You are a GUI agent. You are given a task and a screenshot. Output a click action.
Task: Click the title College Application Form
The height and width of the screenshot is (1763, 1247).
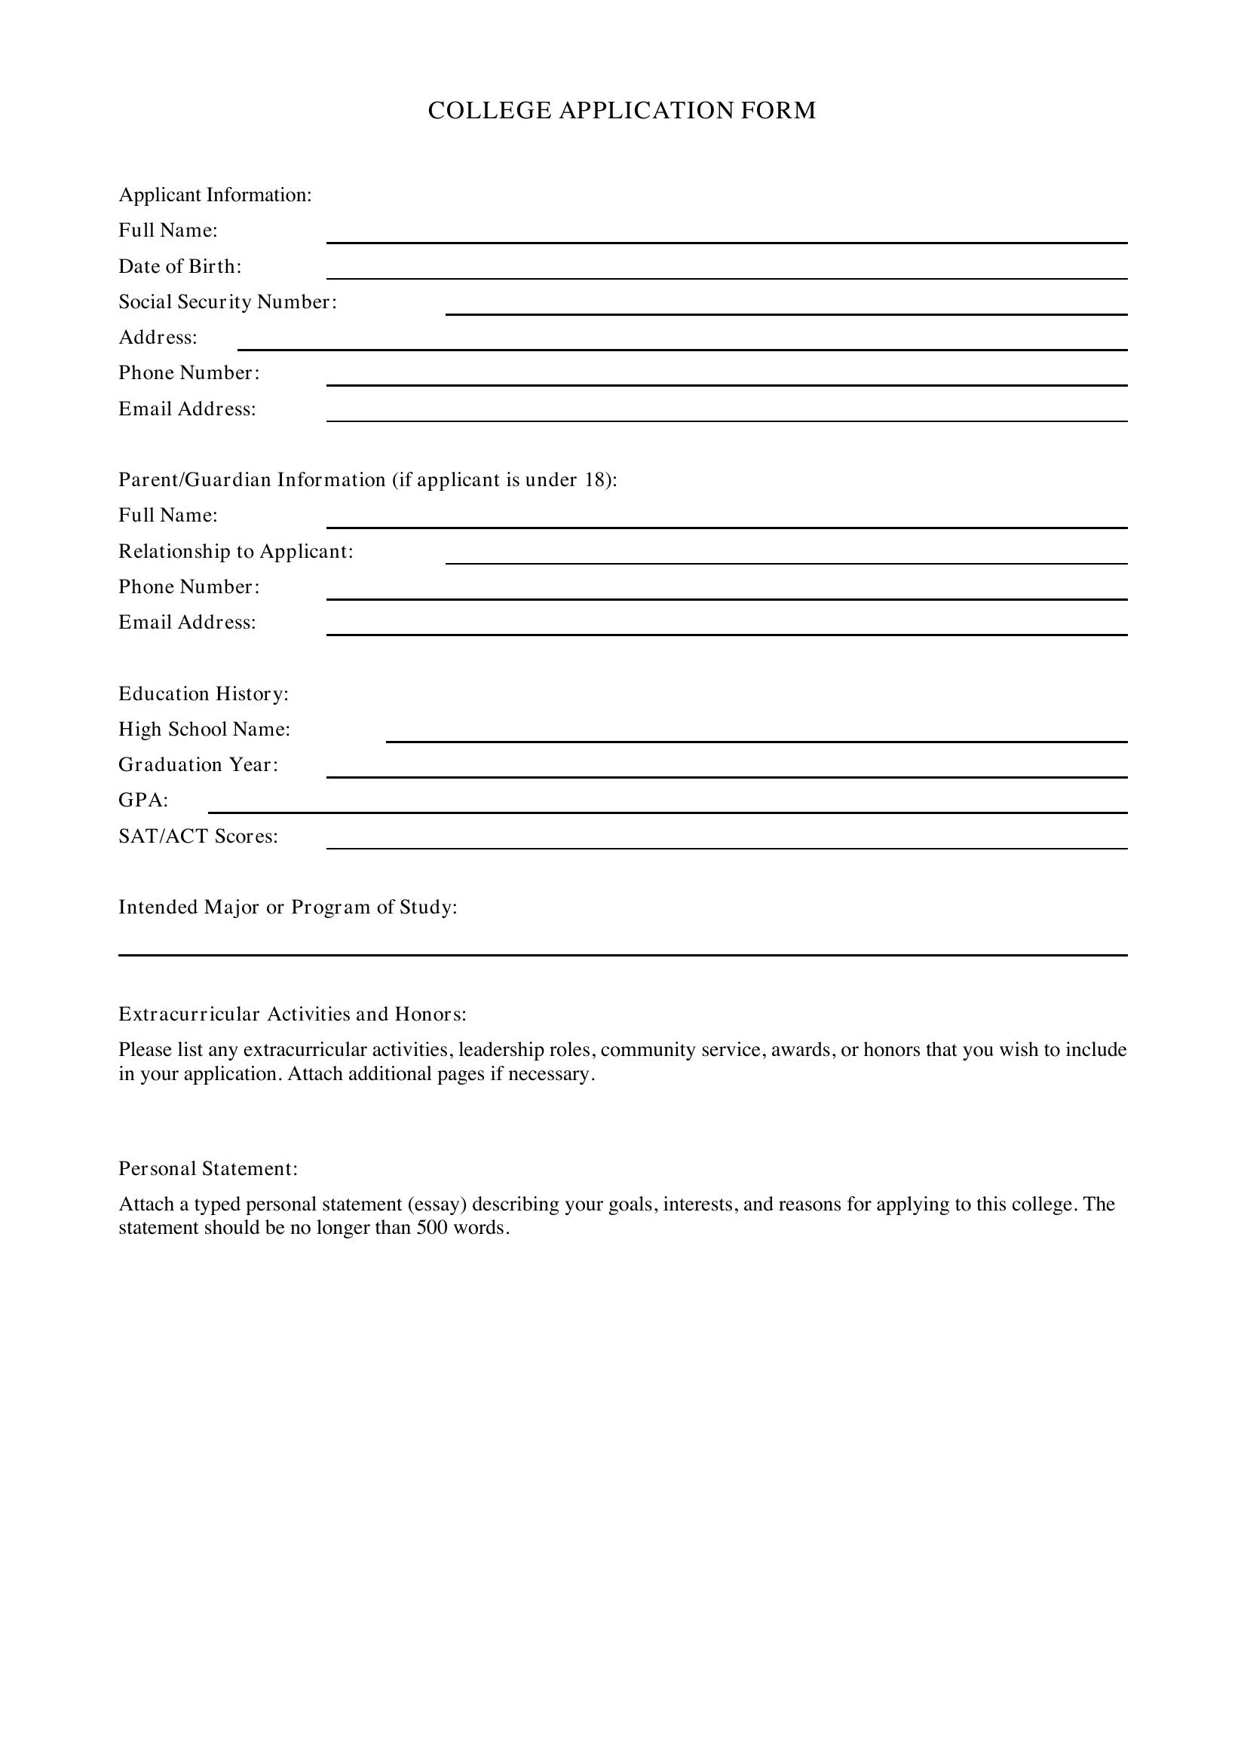point(621,111)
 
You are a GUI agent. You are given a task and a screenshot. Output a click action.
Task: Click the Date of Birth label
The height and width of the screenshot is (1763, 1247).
point(179,266)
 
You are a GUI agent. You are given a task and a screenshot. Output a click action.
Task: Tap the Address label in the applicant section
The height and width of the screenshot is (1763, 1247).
point(158,338)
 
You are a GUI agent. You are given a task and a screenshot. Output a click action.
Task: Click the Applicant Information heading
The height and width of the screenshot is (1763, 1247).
point(215,195)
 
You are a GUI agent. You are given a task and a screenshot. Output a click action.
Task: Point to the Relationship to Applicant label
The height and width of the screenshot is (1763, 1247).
point(236,551)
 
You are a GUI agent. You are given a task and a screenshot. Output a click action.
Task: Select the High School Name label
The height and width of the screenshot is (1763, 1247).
point(204,730)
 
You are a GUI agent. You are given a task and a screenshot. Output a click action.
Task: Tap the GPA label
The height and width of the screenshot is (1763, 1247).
point(142,801)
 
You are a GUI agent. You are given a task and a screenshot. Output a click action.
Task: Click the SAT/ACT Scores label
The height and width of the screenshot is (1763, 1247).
point(198,836)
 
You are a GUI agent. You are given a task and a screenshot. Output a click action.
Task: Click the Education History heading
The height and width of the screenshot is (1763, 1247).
point(204,694)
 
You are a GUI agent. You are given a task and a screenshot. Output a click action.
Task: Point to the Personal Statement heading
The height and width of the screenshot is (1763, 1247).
point(207,1169)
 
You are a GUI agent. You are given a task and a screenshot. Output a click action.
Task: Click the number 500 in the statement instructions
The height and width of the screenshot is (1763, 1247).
point(431,1228)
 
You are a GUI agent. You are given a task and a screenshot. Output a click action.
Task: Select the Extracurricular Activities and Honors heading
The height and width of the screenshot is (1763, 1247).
point(292,1015)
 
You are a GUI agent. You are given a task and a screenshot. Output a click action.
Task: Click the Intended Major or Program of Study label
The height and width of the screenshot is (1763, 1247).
point(287,908)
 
